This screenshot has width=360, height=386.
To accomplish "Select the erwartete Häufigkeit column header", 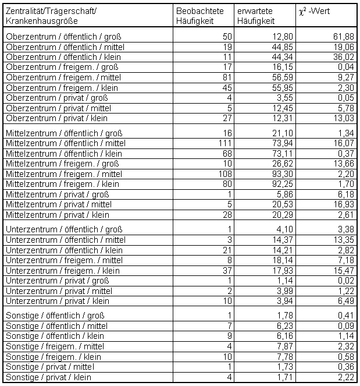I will [256, 16].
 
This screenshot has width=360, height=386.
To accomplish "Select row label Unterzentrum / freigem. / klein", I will [62, 271].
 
